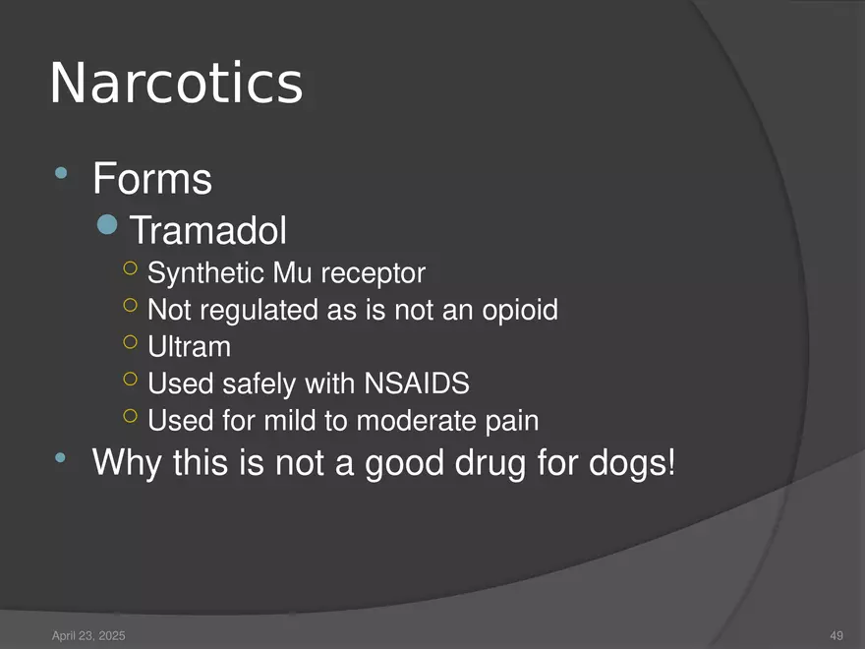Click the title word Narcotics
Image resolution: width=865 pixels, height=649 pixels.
point(176,84)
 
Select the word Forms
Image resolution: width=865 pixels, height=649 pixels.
point(152,180)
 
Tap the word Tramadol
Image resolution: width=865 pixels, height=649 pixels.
point(208,232)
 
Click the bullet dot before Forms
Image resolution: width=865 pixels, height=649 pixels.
point(62,176)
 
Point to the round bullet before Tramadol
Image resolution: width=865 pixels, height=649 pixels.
point(110,228)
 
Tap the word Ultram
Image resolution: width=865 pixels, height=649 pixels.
point(189,347)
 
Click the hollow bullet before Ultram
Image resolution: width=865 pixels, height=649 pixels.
point(131,342)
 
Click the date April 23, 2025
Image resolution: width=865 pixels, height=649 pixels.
point(87,636)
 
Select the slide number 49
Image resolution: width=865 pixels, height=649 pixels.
point(836,636)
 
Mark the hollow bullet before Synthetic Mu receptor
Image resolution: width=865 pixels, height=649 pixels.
point(131,267)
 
